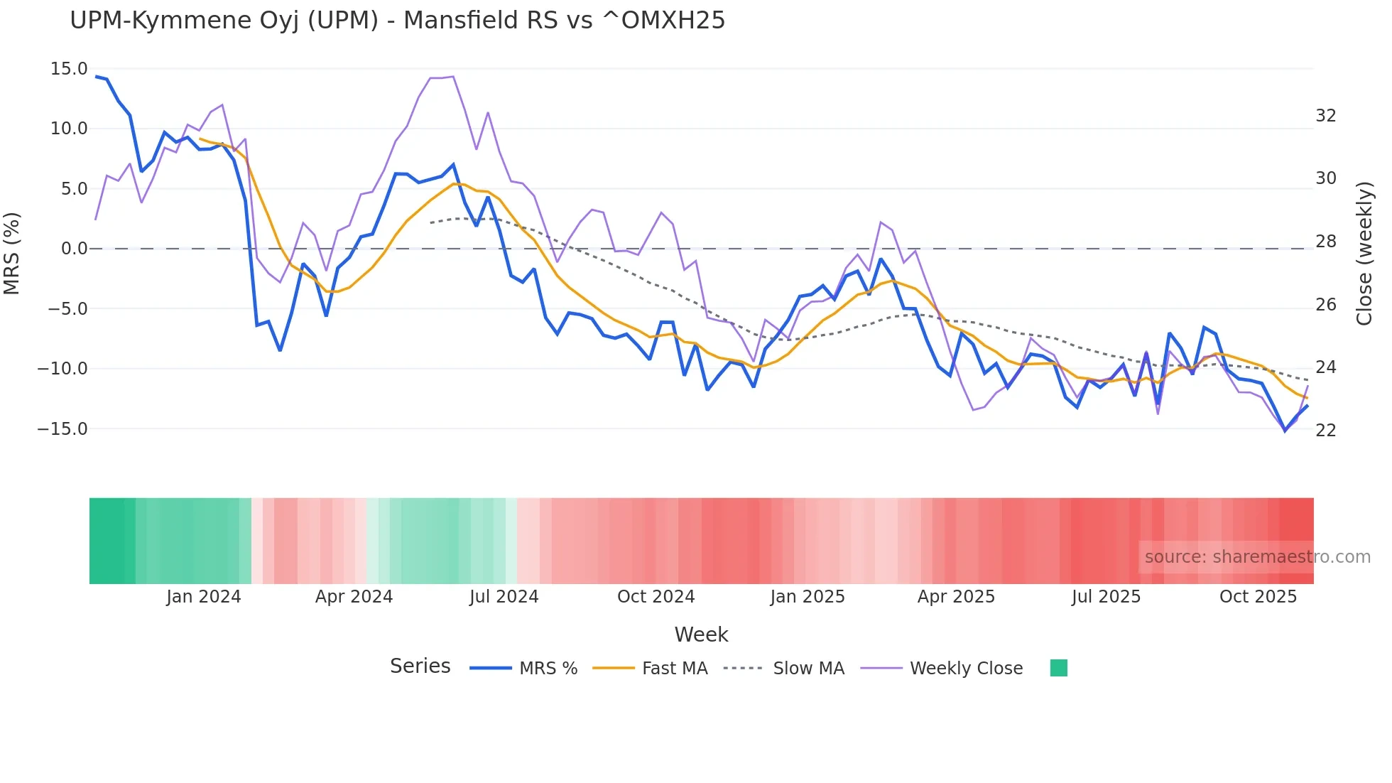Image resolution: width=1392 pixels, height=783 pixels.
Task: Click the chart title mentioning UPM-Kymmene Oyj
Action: click(x=398, y=21)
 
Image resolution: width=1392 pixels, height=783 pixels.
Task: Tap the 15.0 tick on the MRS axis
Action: click(x=69, y=69)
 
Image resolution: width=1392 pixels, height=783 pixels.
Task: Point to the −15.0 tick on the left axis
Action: click(x=63, y=429)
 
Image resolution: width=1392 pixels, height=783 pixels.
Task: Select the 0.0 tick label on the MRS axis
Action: click(x=74, y=249)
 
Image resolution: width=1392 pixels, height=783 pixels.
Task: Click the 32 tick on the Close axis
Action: click(x=1326, y=116)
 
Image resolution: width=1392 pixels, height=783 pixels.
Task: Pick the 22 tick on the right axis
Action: click(x=1326, y=431)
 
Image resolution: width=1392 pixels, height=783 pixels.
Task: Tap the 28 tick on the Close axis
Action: click(x=1326, y=242)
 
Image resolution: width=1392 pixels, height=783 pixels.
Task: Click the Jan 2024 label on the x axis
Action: click(x=204, y=597)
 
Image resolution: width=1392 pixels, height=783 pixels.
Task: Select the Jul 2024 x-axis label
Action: click(x=504, y=597)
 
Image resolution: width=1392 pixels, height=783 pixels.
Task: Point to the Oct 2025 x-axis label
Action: click(x=1258, y=597)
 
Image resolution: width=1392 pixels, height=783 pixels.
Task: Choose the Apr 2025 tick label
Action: click(x=956, y=597)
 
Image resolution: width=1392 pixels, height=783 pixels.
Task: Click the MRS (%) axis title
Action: click(x=12, y=253)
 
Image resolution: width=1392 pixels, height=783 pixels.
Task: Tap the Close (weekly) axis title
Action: click(x=1364, y=254)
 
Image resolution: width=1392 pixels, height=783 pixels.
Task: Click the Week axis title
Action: click(x=701, y=634)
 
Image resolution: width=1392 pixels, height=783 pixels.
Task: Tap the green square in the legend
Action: click(x=1059, y=668)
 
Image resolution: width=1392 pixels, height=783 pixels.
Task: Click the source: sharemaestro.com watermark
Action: click(x=1257, y=557)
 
